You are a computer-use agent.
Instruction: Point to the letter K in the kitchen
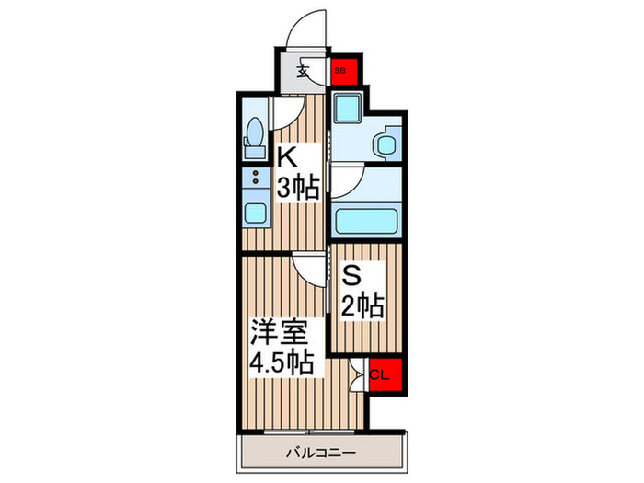pyautogui.click(x=287, y=155)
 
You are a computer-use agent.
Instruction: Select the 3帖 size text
pyautogui.click(x=299, y=189)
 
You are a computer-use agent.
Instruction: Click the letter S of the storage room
pyautogui.click(x=351, y=273)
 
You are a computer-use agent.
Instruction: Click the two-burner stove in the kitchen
pyautogui.click(x=254, y=180)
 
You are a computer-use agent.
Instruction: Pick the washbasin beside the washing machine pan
pyautogui.click(x=384, y=143)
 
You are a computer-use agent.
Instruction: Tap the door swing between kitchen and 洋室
pyautogui.click(x=309, y=270)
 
